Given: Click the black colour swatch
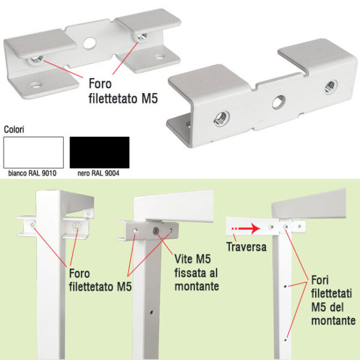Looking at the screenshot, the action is tap(100, 152).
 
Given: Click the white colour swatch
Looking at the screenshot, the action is tap(34, 152).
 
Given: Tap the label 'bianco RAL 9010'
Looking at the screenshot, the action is tap(32, 173).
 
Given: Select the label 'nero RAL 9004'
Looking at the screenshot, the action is tap(98, 173).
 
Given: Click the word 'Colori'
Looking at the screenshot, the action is tap(14, 130).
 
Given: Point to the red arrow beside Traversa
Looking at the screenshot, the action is tap(245, 229).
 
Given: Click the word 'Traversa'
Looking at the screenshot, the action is tap(247, 247).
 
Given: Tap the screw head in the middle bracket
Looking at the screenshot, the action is tap(156, 230).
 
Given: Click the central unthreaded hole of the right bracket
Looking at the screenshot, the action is tap(279, 102).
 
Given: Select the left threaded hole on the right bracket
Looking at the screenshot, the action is tap(222, 119).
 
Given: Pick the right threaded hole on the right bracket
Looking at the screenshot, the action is tap(331, 87).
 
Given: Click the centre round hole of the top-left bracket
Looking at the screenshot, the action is tap(89, 43).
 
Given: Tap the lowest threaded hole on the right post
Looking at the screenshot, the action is tap(286, 340).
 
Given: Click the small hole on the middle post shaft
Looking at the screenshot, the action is tap(152, 312).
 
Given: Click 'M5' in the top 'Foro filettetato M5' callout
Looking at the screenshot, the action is tap(149, 98).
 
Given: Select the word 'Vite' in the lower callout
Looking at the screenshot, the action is tap(183, 259).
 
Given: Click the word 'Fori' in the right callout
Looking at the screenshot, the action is tap(320, 280).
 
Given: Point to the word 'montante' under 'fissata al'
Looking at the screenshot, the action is tap(197, 287).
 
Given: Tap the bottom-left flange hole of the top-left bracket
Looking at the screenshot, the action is tap(36, 85).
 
